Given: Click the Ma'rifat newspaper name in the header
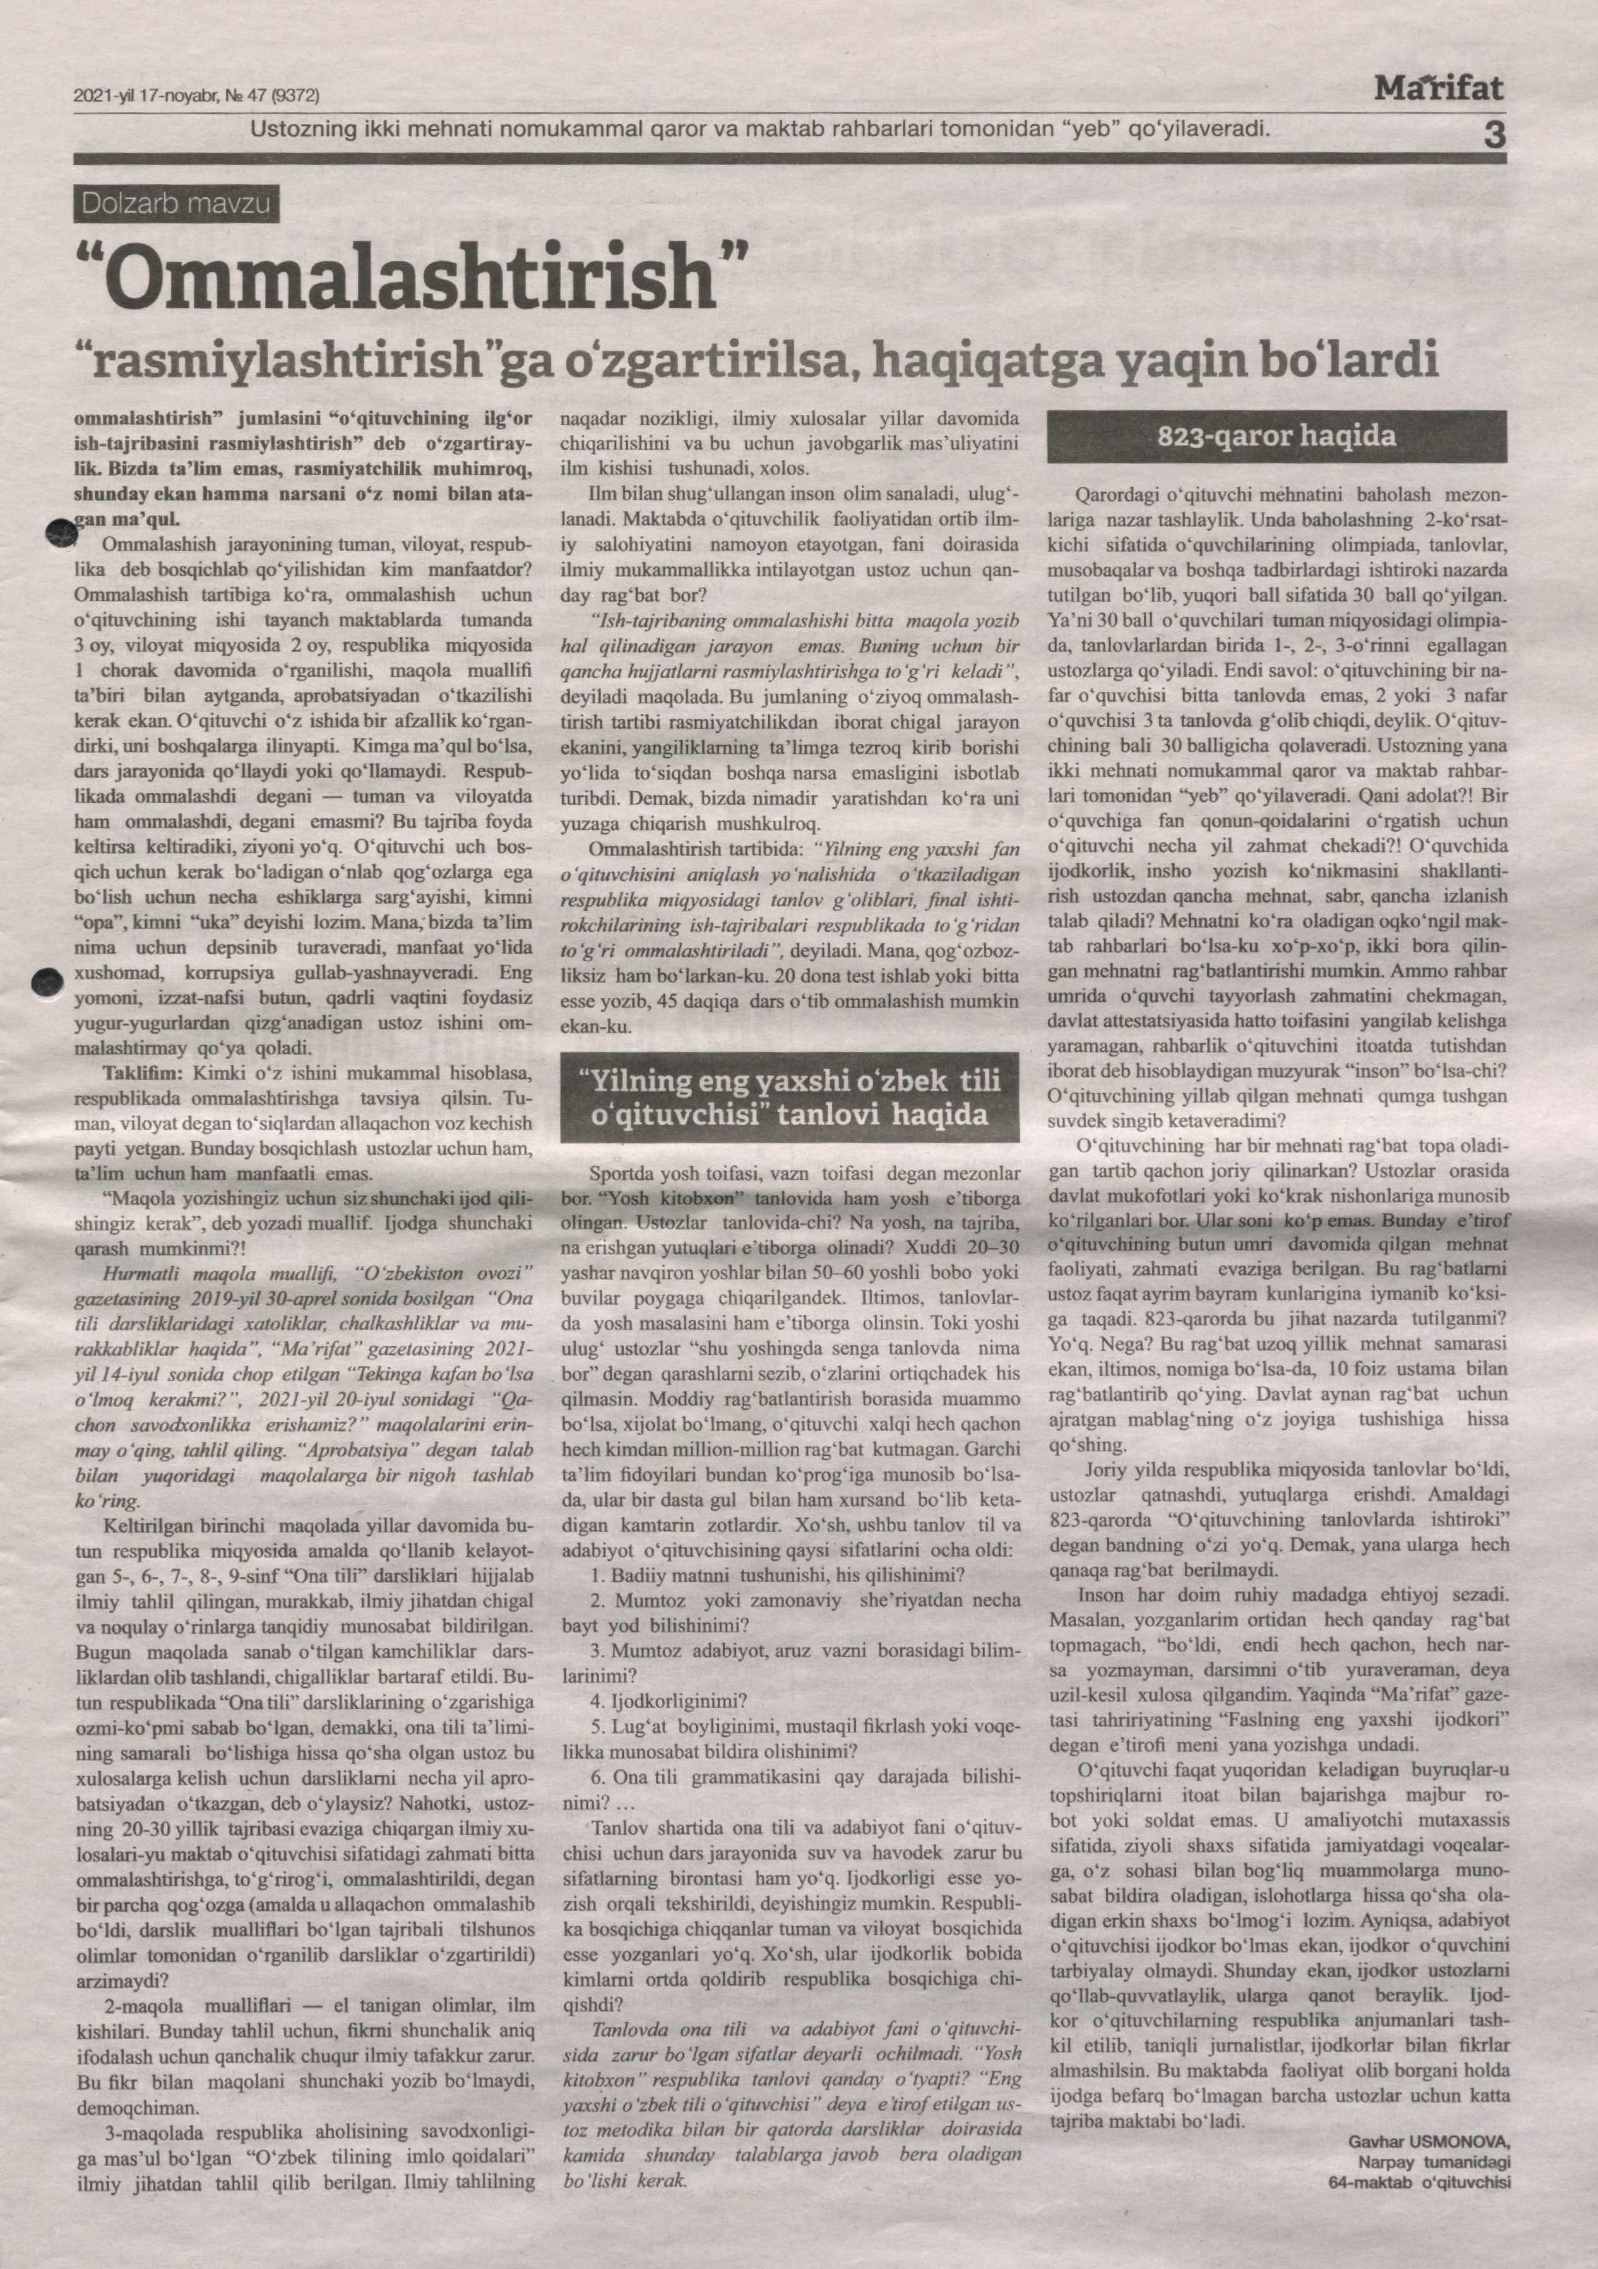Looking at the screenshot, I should [1439, 90].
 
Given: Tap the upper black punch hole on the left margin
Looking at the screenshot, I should [61, 533].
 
